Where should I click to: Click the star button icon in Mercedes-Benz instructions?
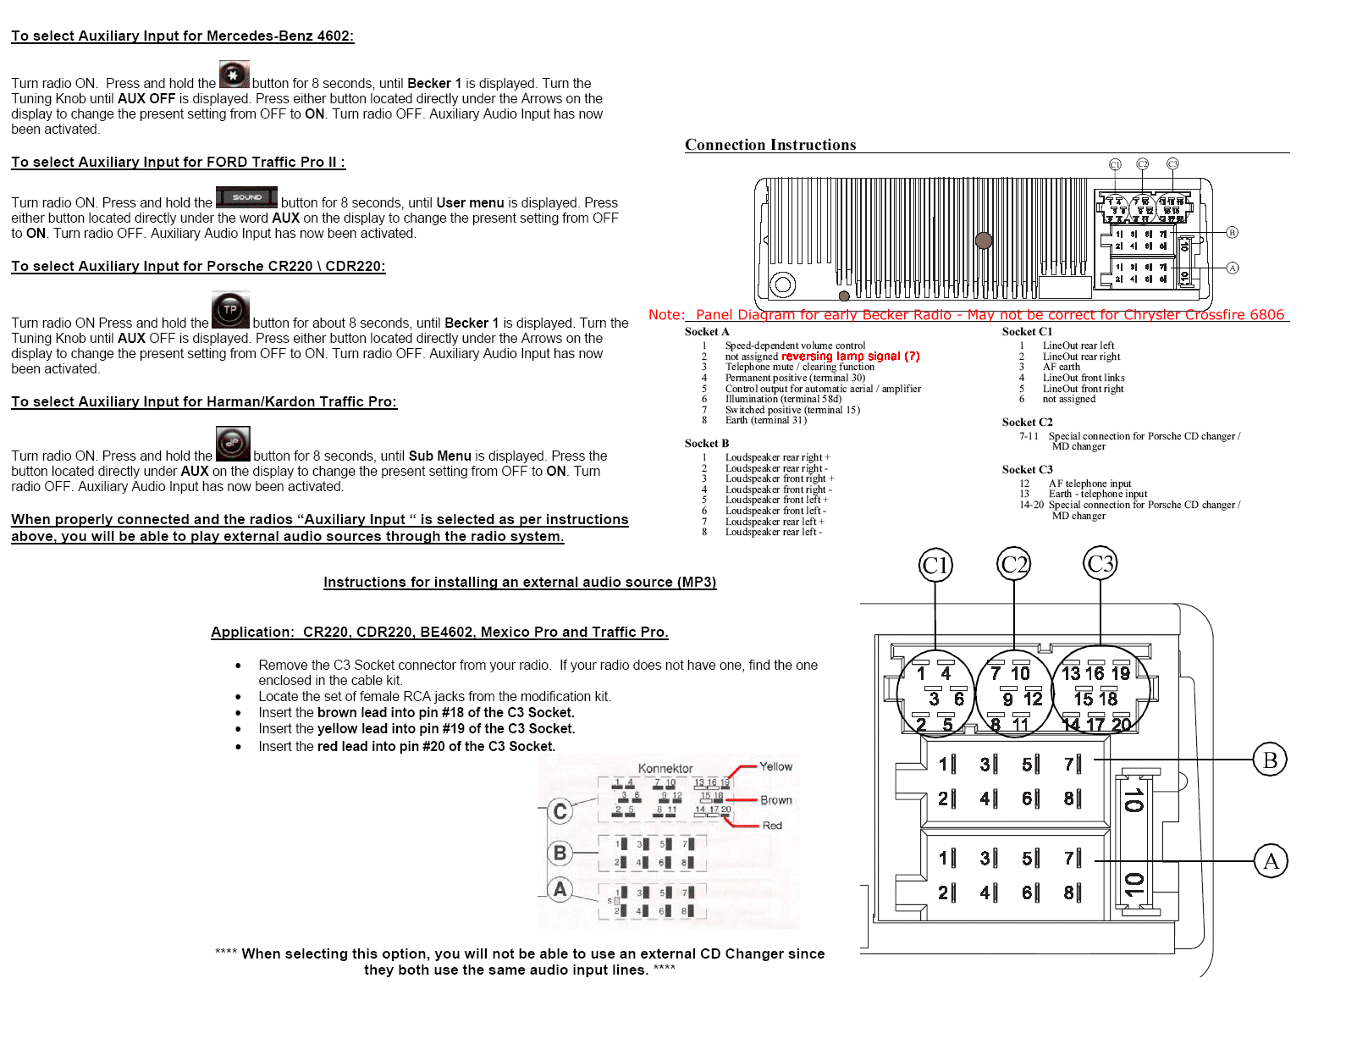pos(234,75)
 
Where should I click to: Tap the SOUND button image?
pos(246,197)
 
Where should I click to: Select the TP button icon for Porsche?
pos(230,310)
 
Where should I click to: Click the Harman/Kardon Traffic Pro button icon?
pos(233,444)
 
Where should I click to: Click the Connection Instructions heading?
pos(770,145)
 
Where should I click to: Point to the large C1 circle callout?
pos(935,565)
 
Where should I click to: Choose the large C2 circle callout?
pos(1014,564)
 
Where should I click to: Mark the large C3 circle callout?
pos(1101,563)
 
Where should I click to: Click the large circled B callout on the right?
pos(1270,760)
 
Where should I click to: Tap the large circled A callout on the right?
pos(1271,861)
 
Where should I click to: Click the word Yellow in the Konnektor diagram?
pos(775,766)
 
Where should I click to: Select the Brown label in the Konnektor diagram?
pos(775,800)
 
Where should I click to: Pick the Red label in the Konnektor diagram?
pos(772,826)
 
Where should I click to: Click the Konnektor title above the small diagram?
pos(665,768)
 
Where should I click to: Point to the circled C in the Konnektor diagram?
pos(560,811)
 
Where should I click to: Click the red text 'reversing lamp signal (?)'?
pos(850,356)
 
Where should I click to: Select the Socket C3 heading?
pos(1027,469)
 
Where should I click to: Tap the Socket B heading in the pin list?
pos(706,443)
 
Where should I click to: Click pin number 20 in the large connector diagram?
pos(1121,725)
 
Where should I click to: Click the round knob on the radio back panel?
pos(984,240)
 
